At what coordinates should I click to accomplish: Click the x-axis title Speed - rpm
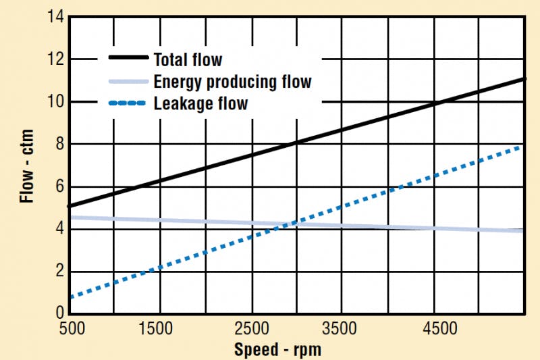coord(277,350)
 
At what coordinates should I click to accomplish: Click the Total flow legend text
coord(188,59)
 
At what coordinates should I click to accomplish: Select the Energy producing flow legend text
coord(232,82)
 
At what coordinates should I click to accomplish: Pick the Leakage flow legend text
coord(200,103)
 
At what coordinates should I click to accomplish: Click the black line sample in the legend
coord(128,59)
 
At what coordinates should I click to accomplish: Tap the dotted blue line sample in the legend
coord(128,103)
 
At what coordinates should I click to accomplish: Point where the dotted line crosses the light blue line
coord(287,224)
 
